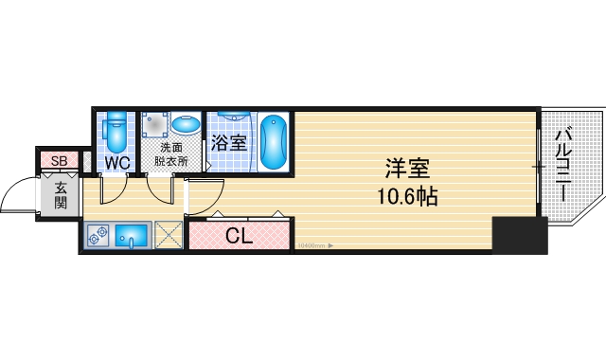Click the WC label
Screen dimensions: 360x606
pyautogui.click(x=116, y=163)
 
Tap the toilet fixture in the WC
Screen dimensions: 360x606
pyautogui.click(x=116, y=133)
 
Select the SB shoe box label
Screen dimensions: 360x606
pyautogui.click(x=59, y=160)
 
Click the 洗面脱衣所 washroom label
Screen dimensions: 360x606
pyautogui.click(x=171, y=154)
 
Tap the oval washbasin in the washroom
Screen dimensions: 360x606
pyautogui.click(x=186, y=126)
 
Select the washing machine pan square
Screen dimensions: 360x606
pyautogui.click(x=154, y=126)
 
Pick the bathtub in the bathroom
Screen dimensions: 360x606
pyautogui.click(x=273, y=142)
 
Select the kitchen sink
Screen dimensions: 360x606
pyautogui.click(x=132, y=236)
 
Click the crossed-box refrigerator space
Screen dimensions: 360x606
pyautogui.click(x=169, y=235)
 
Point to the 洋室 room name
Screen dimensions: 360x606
pyautogui.click(x=407, y=171)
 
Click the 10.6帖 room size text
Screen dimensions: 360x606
pyautogui.click(x=407, y=199)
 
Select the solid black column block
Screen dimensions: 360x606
pyautogui.click(x=520, y=235)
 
